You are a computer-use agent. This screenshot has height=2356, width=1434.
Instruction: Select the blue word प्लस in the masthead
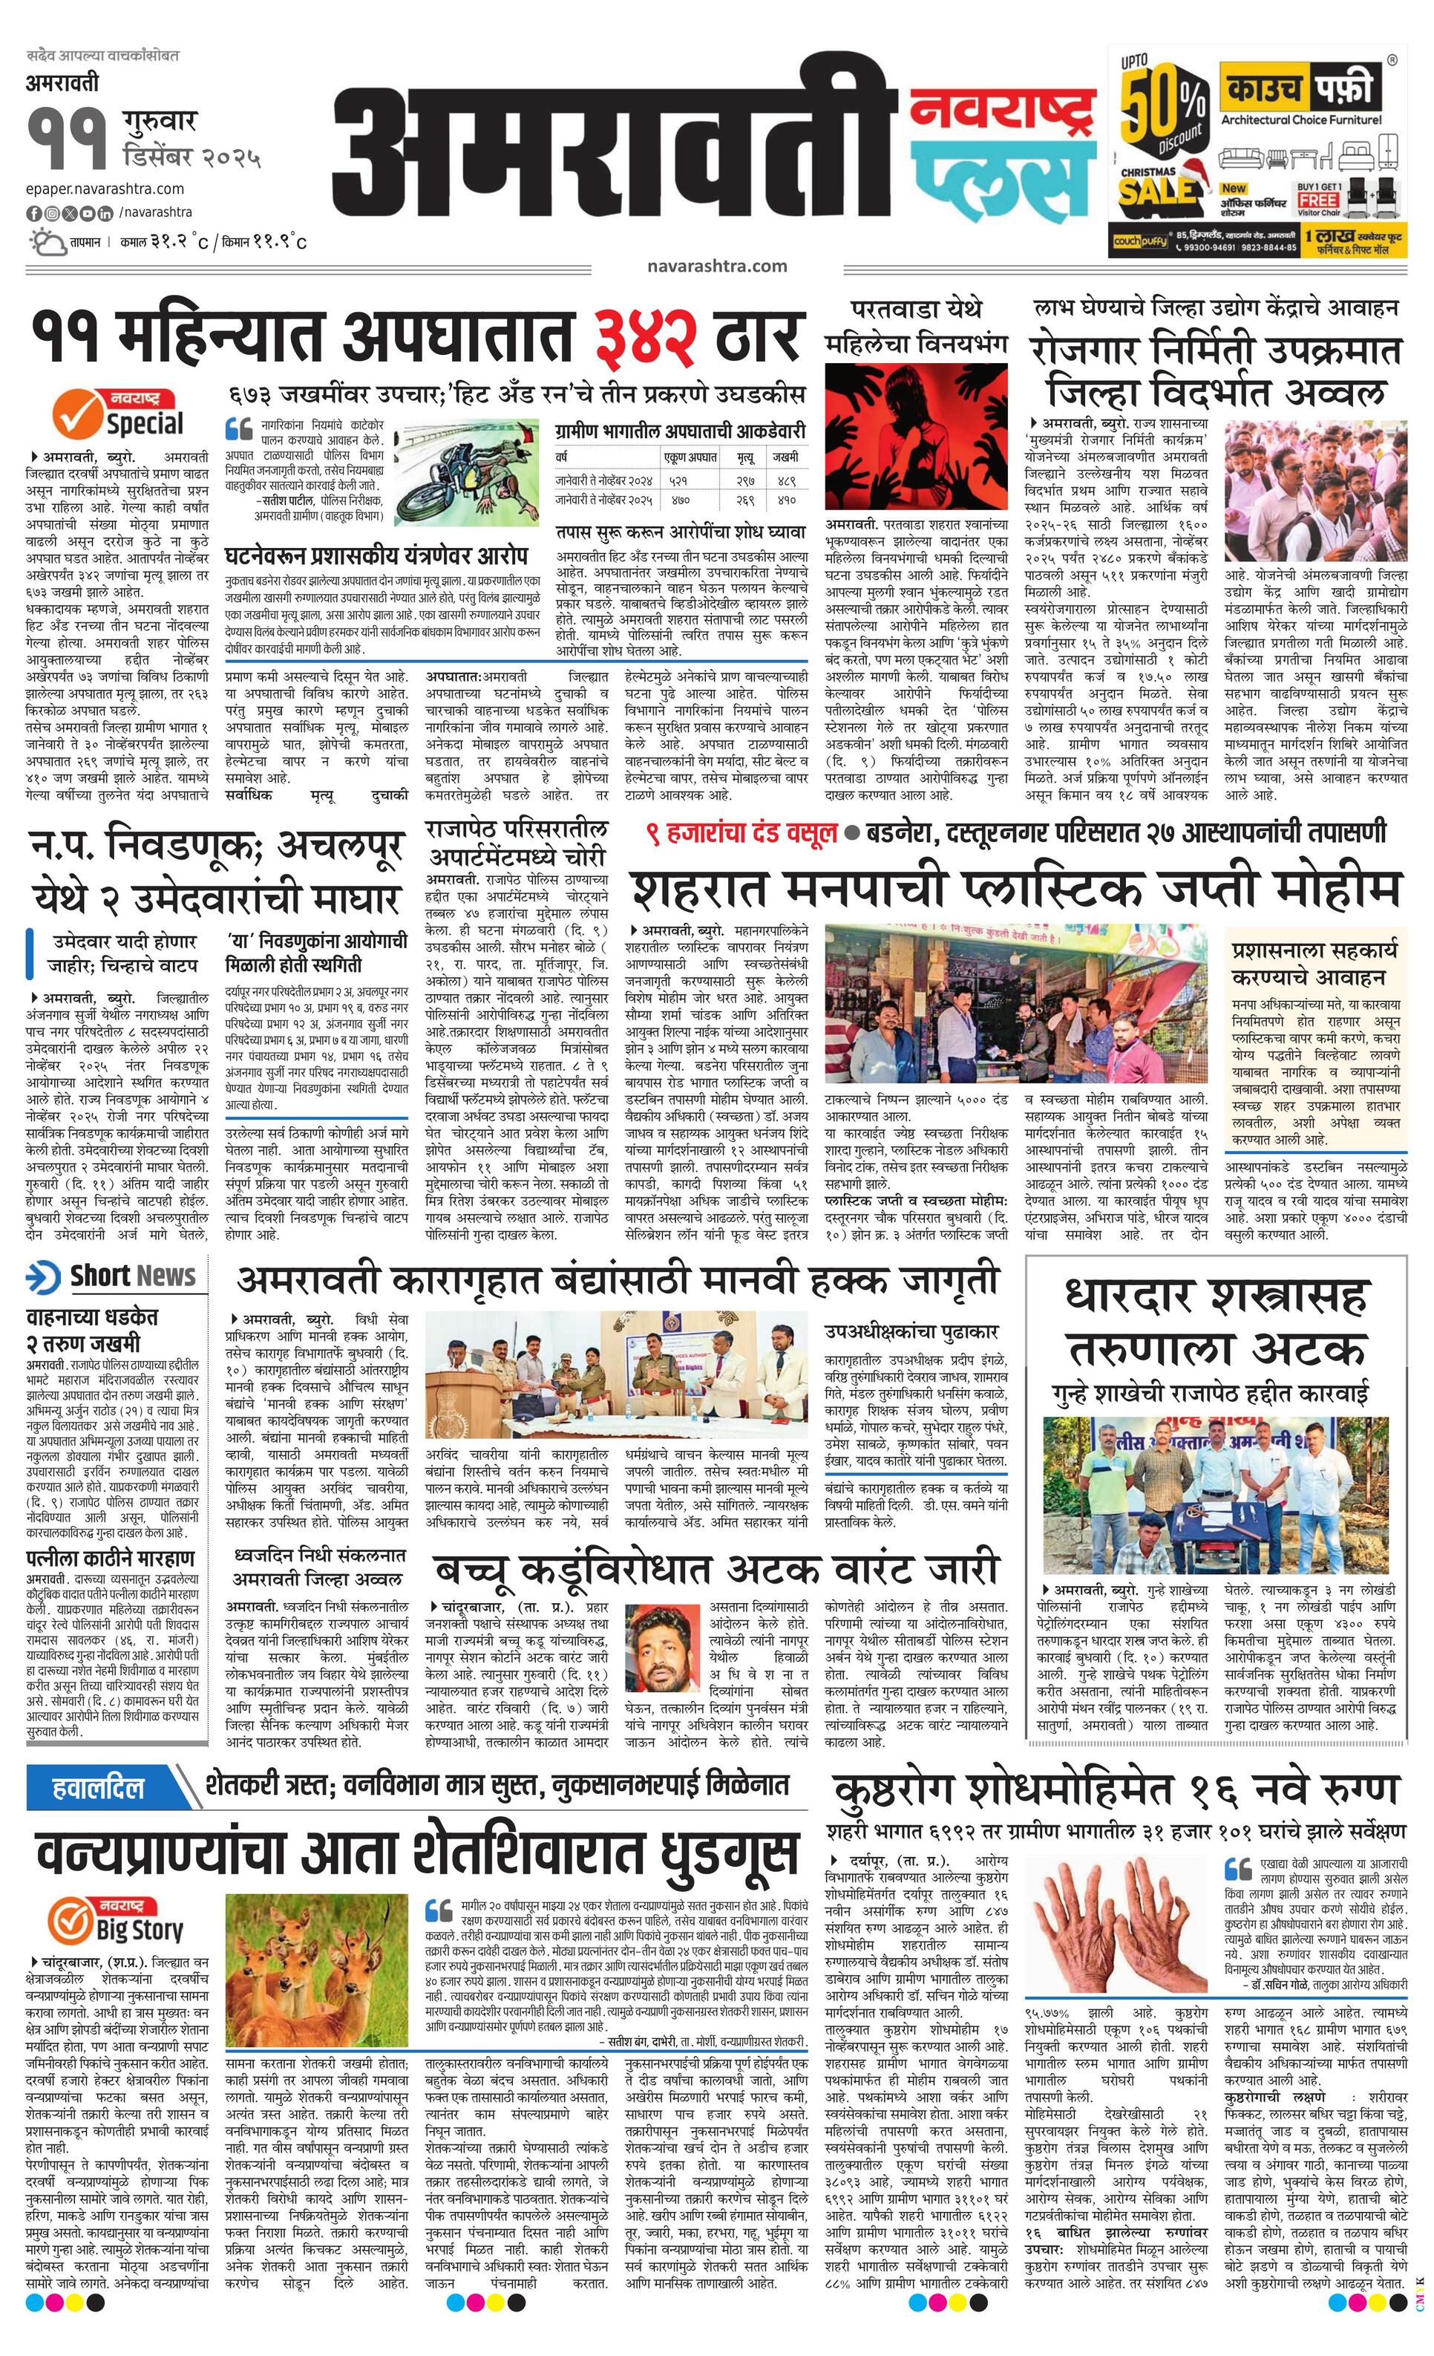[1000, 180]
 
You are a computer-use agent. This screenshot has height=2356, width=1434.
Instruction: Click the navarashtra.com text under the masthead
[716, 267]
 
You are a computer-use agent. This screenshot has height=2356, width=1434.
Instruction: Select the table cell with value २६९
[744, 499]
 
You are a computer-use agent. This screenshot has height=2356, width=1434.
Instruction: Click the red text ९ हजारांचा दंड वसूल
[741, 833]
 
